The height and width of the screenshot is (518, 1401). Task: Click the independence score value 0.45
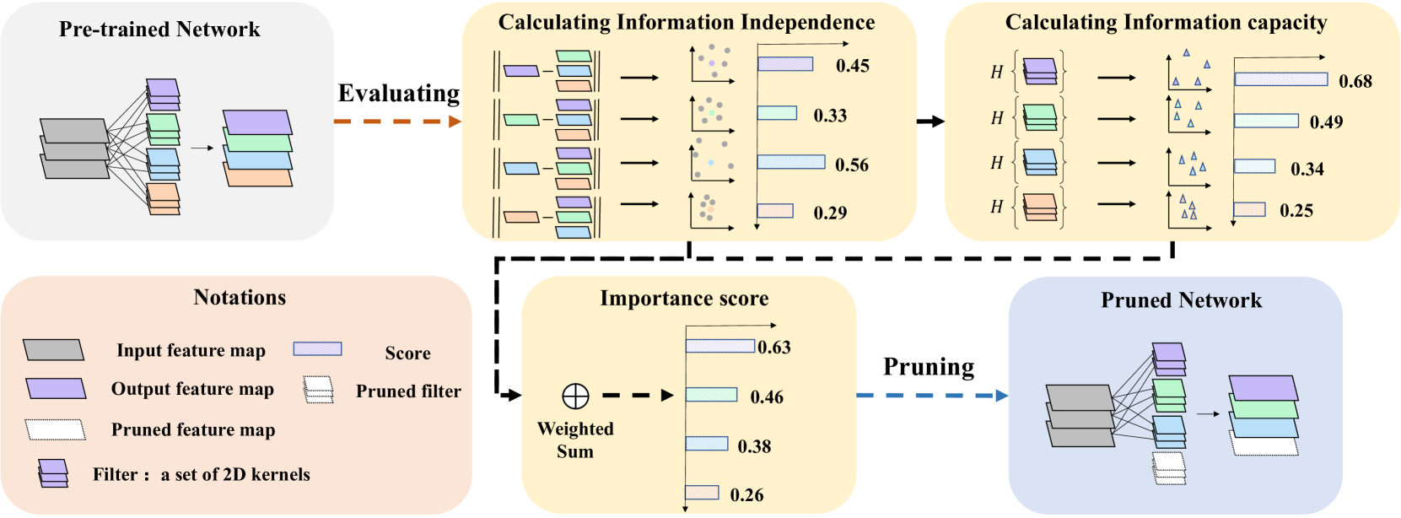852,66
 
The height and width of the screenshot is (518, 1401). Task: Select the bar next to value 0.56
790,162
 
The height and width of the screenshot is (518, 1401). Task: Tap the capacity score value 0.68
1355,81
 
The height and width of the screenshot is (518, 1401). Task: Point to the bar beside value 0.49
1265,121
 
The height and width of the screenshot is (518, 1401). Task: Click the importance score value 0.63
774,348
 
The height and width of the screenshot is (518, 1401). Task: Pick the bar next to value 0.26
702,493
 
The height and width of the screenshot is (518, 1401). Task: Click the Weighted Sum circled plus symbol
575,396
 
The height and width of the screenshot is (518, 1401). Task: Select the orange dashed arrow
397,121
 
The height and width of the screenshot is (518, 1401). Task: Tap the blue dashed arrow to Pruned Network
932,395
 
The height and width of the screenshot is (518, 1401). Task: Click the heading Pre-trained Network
159,30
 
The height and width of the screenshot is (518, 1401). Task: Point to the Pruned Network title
1181,300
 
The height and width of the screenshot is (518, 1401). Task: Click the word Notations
240,297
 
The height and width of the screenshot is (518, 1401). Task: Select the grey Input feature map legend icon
53,350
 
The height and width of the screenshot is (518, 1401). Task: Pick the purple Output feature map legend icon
56,388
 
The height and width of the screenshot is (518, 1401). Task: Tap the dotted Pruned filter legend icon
318,390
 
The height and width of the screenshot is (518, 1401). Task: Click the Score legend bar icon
317,349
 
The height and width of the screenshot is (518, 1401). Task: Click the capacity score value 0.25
1296,211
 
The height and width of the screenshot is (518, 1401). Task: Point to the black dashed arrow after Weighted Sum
638,395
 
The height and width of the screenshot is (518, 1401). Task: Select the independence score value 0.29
830,213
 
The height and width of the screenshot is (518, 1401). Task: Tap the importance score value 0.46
766,397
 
